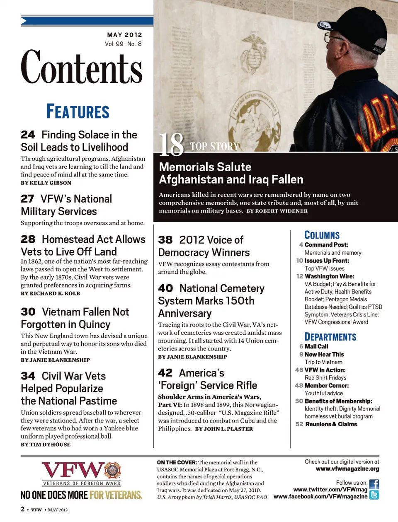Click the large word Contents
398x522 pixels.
click(82, 67)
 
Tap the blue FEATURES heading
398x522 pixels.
click(78, 112)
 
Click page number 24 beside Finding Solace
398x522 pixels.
click(28, 135)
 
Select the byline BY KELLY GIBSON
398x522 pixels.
click(46, 183)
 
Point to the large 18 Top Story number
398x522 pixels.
click(171, 145)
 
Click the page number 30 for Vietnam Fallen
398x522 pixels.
click(28, 312)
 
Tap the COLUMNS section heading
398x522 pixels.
click(322, 235)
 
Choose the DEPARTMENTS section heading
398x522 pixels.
click(330, 337)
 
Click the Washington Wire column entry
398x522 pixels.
click(329, 276)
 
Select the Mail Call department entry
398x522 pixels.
click(316, 346)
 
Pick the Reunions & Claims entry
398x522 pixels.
click(331, 424)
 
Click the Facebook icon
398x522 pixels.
click(374, 484)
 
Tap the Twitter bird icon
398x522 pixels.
click(374, 495)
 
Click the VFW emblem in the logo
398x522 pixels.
click(112, 471)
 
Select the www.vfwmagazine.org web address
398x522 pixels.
click(347, 469)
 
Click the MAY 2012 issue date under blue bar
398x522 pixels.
click(124, 35)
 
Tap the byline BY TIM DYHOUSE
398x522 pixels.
click(46, 445)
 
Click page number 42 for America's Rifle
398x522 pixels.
click(165, 373)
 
